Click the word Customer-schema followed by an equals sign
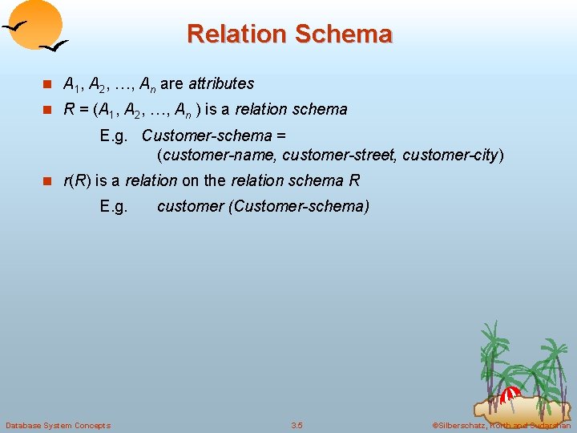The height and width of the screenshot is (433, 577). point(207,136)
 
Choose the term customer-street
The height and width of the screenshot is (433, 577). point(339,154)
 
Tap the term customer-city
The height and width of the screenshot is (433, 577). point(450,154)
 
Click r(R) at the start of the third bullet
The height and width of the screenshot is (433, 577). point(76,180)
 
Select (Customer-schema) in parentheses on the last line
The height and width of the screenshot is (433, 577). point(299,206)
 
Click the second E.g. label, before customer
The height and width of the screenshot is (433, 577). point(114,206)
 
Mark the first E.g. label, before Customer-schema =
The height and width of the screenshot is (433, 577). point(114,136)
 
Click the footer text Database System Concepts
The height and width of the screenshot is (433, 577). point(58,425)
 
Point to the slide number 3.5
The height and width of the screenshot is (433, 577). point(297,425)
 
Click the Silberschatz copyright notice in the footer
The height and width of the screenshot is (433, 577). point(500,425)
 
